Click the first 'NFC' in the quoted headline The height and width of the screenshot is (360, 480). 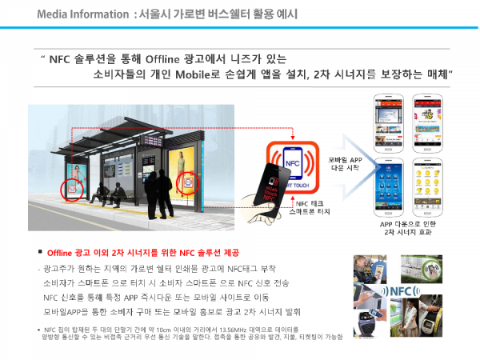coord(61,58)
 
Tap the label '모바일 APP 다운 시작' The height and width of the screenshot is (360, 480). coord(346,163)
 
